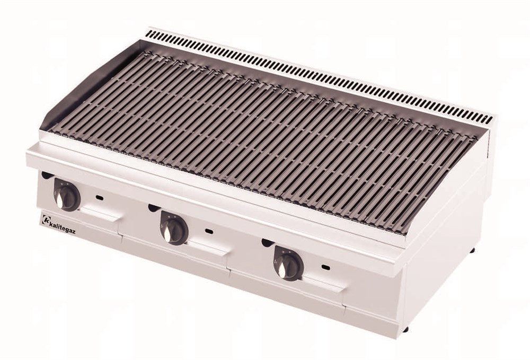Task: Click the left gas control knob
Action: coord(67,196)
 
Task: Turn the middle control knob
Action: coord(174,227)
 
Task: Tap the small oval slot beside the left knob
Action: coord(100,197)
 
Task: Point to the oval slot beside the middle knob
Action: coord(209,231)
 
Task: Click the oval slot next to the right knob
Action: coord(326,268)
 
